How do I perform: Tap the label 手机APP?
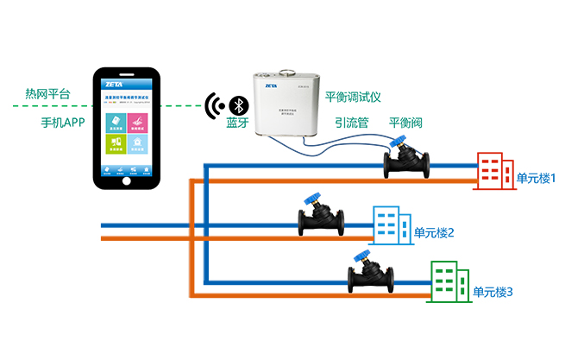62,123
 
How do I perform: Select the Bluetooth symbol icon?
237,106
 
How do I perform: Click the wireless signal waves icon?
211,106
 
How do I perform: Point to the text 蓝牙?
237,125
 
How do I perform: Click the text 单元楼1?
536,179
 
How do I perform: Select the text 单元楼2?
434,232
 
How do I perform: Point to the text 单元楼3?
493,293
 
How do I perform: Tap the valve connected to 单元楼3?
371,275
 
